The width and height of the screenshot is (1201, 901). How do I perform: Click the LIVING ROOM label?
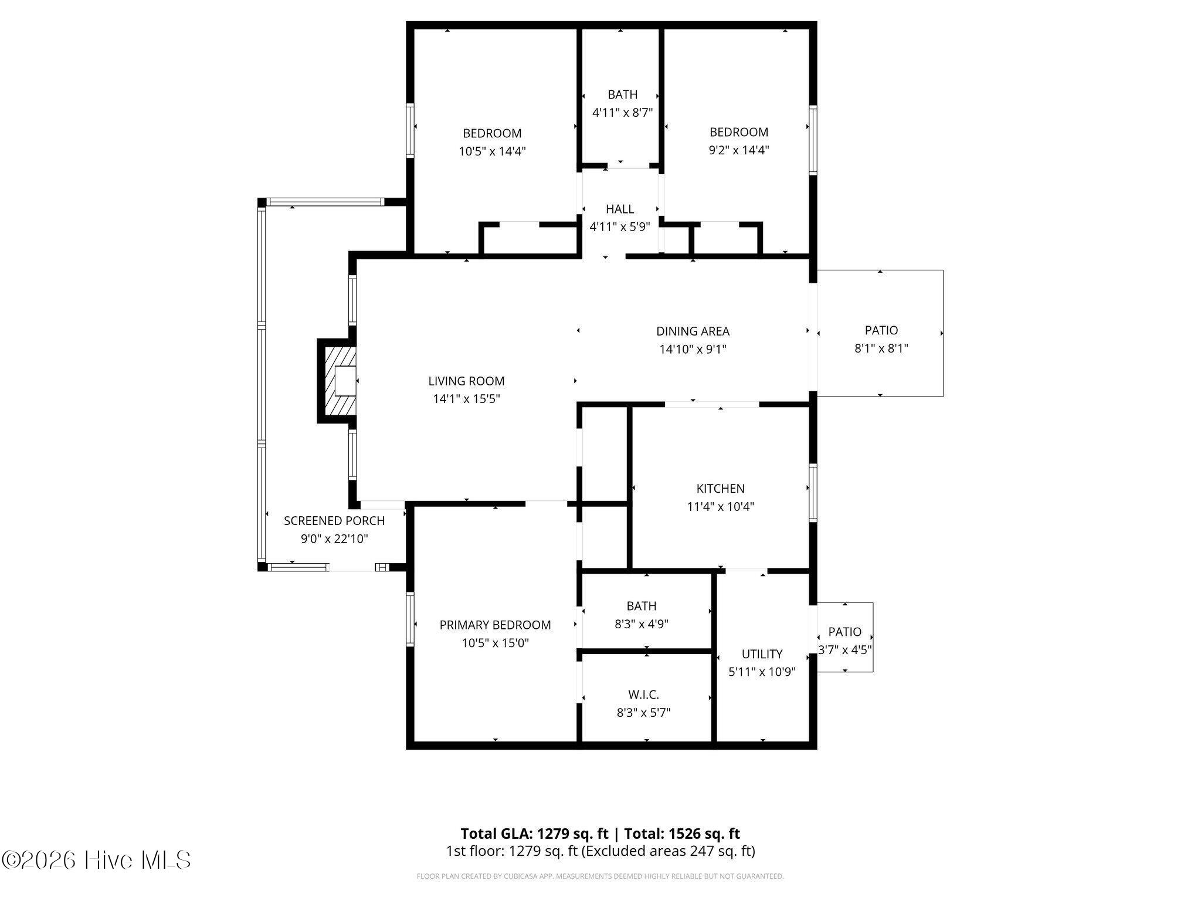pyautogui.click(x=466, y=381)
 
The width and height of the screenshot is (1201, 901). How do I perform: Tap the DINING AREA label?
pyautogui.click(x=693, y=331)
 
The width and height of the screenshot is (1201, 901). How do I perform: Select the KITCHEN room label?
pyautogui.click(x=720, y=489)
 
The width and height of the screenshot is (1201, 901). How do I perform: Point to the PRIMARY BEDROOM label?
pyautogui.click(x=495, y=625)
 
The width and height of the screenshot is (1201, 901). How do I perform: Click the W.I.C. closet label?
pyautogui.click(x=643, y=695)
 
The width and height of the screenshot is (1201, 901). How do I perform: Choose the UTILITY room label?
pyautogui.click(x=762, y=654)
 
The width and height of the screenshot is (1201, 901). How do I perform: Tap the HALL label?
pyautogui.click(x=620, y=209)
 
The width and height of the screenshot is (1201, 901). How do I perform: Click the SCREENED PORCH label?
pyautogui.click(x=334, y=521)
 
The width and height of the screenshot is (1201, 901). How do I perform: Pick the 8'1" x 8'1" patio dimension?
pyautogui.click(x=881, y=349)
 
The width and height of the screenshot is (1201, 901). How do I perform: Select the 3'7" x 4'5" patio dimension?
pyautogui.click(x=845, y=650)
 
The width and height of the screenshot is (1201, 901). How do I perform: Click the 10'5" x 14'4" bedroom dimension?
pyautogui.click(x=492, y=152)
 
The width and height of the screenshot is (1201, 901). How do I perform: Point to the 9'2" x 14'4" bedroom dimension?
pyautogui.click(x=739, y=150)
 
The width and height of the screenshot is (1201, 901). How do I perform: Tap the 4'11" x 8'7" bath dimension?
pyautogui.click(x=622, y=113)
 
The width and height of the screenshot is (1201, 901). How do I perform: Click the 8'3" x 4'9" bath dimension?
pyautogui.click(x=642, y=624)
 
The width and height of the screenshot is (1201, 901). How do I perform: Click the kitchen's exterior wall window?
pyautogui.click(x=813, y=493)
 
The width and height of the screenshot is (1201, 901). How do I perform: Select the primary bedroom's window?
pyautogui.click(x=410, y=619)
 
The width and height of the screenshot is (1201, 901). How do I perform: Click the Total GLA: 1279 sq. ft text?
pyautogui.click(x=534, y=834)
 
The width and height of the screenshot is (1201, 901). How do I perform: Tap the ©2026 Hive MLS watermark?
pyautogui.click(x=97, y=860)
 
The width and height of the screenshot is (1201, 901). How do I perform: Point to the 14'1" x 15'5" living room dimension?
pyautogui.click(x=466, y=399)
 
